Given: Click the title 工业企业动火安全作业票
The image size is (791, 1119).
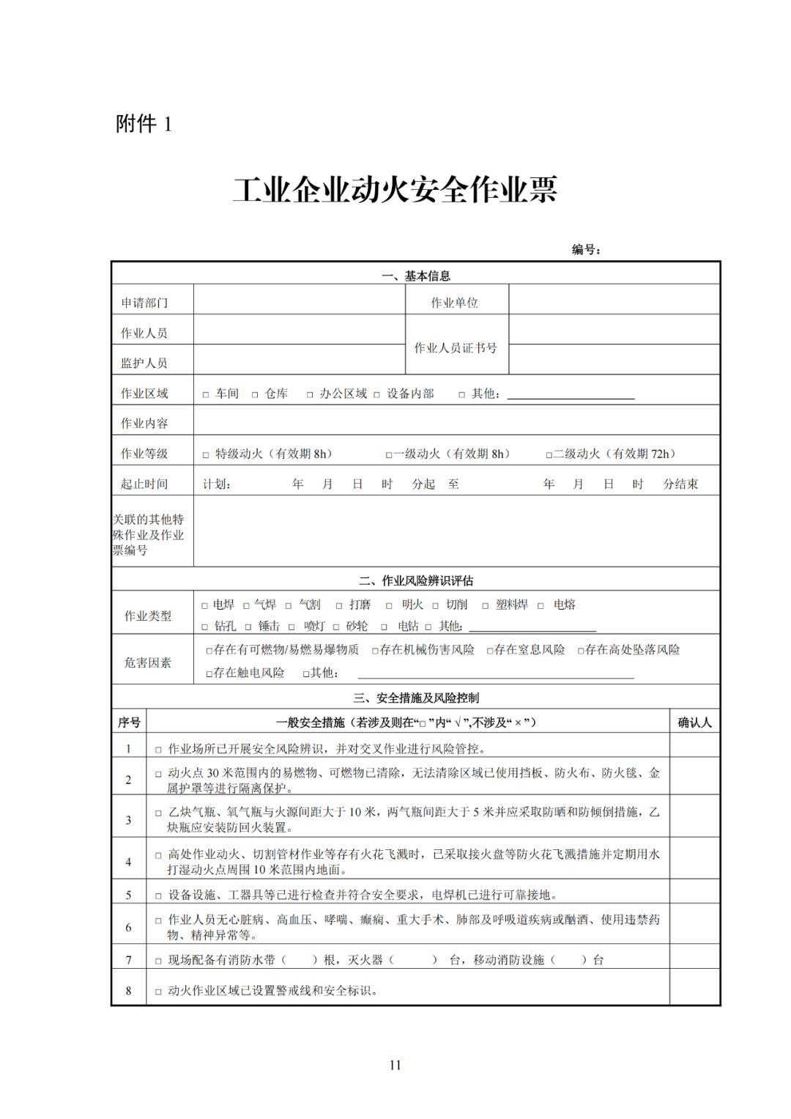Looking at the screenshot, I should [x=395, y=190].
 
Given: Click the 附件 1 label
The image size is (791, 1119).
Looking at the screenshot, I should [x=144, y=124].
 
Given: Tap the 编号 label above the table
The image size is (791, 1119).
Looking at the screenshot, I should [x=586, y=250].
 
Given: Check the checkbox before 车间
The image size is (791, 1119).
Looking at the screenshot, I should [x=206, y=395].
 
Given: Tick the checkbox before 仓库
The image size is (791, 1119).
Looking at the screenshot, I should [x=255, y=395].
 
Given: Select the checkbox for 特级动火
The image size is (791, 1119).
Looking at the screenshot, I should [x=206, y=455].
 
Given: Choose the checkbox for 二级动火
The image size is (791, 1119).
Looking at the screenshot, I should [x=549, y=455].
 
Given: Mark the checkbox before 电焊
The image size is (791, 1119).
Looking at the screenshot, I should [x=205, y=606].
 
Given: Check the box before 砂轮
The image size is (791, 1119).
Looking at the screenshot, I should [x=337, y=627].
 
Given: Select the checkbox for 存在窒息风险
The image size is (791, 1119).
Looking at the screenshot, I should [x=490, y=651].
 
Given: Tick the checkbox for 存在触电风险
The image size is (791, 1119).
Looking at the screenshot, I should [x=209, y=673].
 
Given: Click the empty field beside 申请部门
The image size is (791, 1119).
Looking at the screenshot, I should [x=299, y=302].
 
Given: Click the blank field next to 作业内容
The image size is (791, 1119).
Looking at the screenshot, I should [x=456, y=423].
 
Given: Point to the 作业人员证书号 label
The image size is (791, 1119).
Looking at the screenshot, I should [x=456, y=347].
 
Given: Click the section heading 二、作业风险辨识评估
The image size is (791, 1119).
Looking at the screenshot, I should [x=415, y=580].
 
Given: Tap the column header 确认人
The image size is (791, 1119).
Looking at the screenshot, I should [x=694, y=723].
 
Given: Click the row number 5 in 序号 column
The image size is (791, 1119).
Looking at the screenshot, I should [x=129, y=895].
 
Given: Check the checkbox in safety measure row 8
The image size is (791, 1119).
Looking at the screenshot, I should [x=158, y=992].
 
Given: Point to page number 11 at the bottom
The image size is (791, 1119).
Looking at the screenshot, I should [x=395, y=1065].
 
